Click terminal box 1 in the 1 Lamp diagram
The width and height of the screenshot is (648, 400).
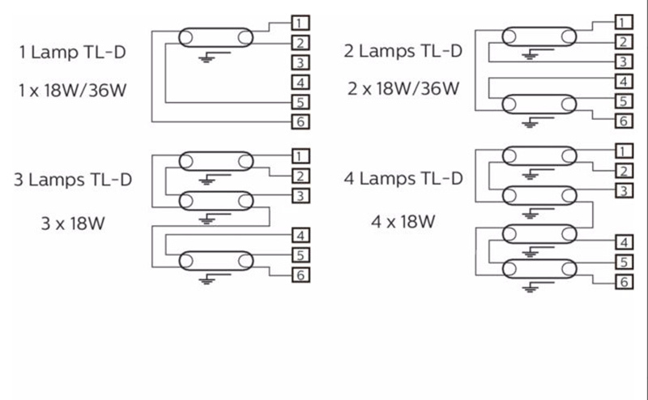point(299,22)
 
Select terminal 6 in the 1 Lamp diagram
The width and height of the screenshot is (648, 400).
point(299,122)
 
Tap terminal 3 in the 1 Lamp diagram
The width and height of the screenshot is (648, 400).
point(299,62)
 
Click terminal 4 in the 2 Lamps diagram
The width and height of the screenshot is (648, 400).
point(623,82)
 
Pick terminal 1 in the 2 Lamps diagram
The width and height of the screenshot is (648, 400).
point(623,22)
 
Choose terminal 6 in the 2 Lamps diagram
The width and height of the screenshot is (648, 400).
point(623,121)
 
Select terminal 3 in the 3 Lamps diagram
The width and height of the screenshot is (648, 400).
point(299,196)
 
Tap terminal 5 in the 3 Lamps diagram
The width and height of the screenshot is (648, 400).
point(299,255)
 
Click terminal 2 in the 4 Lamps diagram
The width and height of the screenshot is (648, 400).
point(623,171)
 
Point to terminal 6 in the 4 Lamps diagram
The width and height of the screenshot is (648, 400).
point(623,282)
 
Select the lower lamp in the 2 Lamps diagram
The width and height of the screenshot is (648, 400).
point(539,105)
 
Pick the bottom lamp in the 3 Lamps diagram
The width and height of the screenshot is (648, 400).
point(215,261)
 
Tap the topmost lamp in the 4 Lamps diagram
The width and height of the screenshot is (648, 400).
point(539,155)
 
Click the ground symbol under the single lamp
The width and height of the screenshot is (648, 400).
point(206,58)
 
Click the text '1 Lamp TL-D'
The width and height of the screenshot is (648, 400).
point(73,53)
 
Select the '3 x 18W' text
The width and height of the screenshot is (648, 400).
point(73,223)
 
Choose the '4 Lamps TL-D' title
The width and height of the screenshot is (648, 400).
point(403,178)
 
